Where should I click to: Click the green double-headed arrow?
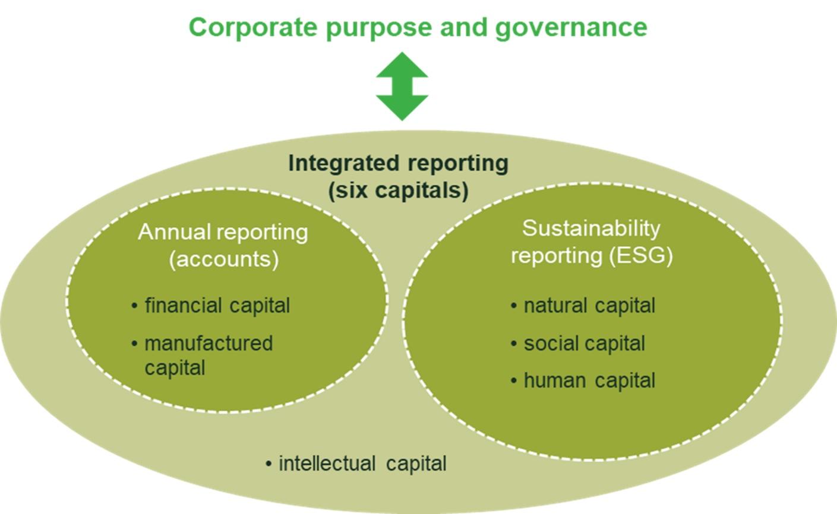point(402,86)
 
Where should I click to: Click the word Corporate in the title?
point(253,27)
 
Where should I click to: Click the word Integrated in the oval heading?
point(344,164)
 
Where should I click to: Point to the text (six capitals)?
point(399,191)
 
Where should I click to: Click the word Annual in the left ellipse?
point(175,232)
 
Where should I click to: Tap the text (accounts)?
point(224,259)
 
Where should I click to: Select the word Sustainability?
point(590,229)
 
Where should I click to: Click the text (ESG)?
point(641,256)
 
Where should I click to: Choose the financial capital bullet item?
point(210,306)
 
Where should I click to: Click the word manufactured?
point(209,344)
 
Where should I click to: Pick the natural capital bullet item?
point(583,306)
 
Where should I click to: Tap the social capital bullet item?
point(577,344)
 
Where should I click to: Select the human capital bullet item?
point(583,380)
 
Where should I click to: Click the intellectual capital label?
point(356,464)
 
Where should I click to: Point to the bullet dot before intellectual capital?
point(269,464)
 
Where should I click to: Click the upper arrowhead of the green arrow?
point(402,65)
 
